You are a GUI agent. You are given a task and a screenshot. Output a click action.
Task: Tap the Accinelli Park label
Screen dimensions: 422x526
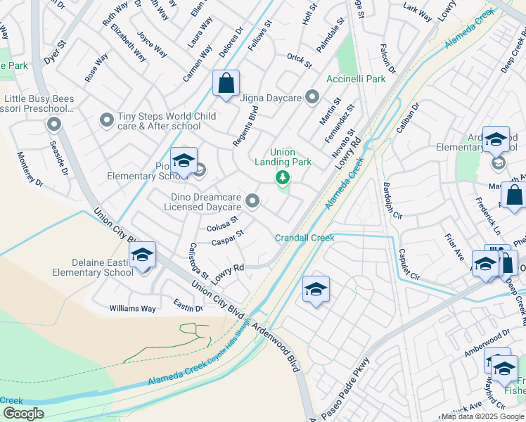click(355, 79)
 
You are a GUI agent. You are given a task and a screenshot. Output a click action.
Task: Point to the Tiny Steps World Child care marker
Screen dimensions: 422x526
click(107, 120)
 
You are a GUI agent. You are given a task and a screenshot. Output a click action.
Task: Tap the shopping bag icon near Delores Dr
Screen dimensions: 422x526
click(226, 84)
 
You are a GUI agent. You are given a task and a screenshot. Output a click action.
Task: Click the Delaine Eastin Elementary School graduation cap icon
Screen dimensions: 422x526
click(142, 255)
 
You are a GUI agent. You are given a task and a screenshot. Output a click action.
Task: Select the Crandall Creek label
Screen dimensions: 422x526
click(304, 238)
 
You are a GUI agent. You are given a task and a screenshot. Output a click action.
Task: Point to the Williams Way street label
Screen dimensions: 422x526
click(132, 308)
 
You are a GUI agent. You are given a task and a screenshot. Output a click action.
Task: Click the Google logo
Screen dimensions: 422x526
click(23, 414)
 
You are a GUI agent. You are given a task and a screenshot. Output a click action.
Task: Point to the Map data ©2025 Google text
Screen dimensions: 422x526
click(482, 416)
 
